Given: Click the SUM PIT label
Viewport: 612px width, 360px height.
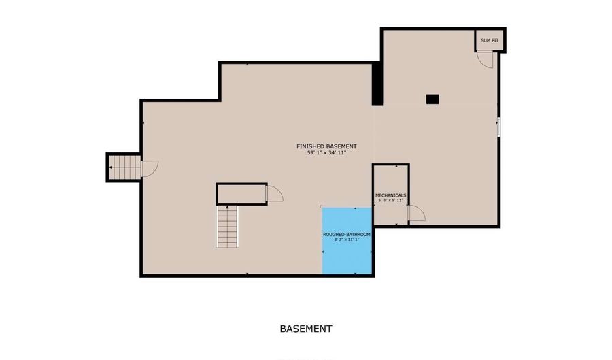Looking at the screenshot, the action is [490, 40].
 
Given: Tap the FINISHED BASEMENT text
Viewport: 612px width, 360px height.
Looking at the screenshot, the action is [326, 146].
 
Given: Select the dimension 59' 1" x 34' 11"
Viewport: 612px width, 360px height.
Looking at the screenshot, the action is [326, 153].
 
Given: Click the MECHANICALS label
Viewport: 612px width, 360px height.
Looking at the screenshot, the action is [391, 195].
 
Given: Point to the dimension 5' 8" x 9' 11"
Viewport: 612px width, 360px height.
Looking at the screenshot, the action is [391, 200].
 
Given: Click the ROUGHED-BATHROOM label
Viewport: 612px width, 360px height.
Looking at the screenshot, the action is [347, 235].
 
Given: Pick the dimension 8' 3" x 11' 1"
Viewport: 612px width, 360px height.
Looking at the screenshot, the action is [347, 240].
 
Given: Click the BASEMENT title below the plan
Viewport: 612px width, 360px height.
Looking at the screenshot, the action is [306, 329].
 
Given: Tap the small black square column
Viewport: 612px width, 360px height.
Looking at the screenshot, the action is [432, 99].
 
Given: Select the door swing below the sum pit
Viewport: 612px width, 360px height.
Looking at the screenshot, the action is [485, 60].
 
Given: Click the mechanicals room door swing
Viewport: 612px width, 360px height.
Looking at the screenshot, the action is [416, 214].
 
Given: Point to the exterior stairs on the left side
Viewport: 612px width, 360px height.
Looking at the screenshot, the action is [124, 167].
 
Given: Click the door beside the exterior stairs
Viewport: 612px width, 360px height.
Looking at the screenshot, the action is [150, 169].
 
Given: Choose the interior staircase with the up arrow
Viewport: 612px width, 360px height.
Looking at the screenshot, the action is [228, 227].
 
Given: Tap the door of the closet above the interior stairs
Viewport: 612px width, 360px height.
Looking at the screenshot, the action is [275, 194].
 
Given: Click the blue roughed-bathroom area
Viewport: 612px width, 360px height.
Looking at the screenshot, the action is [347, 240].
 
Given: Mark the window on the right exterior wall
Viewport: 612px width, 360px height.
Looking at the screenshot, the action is [499, 127].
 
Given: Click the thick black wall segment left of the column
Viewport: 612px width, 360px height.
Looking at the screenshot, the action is [377, 84].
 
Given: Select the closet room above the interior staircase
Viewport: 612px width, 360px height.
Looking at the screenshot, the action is [241, 194].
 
